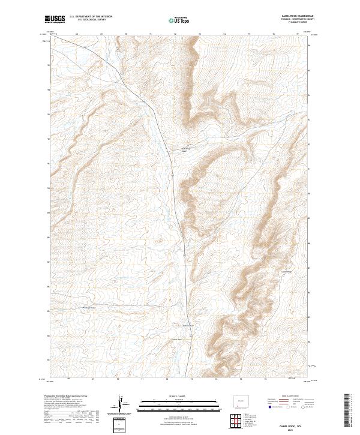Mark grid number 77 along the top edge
[298, 34]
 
